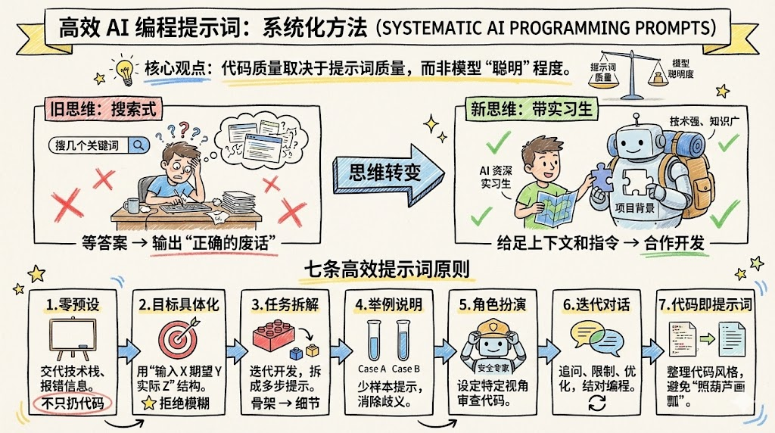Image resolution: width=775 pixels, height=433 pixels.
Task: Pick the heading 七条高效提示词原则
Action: point(387,269)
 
